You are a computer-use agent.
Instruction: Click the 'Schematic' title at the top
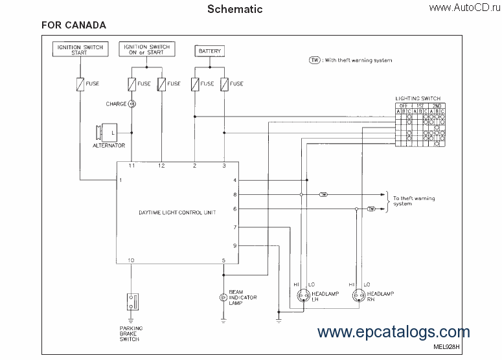234,9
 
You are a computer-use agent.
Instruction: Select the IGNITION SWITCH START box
80,49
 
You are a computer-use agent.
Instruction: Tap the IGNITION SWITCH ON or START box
146,49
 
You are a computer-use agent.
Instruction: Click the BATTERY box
209,51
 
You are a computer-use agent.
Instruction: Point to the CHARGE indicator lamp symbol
131,104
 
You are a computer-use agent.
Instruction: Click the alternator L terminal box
113,133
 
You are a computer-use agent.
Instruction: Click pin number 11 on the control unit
131,166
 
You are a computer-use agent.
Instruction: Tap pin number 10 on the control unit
131,260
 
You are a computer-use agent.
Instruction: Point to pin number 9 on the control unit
234,245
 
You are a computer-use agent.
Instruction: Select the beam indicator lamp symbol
223,297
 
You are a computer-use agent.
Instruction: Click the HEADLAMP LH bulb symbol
302,297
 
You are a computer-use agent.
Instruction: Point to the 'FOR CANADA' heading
74,25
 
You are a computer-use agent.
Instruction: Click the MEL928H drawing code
446,346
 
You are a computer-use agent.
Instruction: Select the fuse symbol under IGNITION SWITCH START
80,84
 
